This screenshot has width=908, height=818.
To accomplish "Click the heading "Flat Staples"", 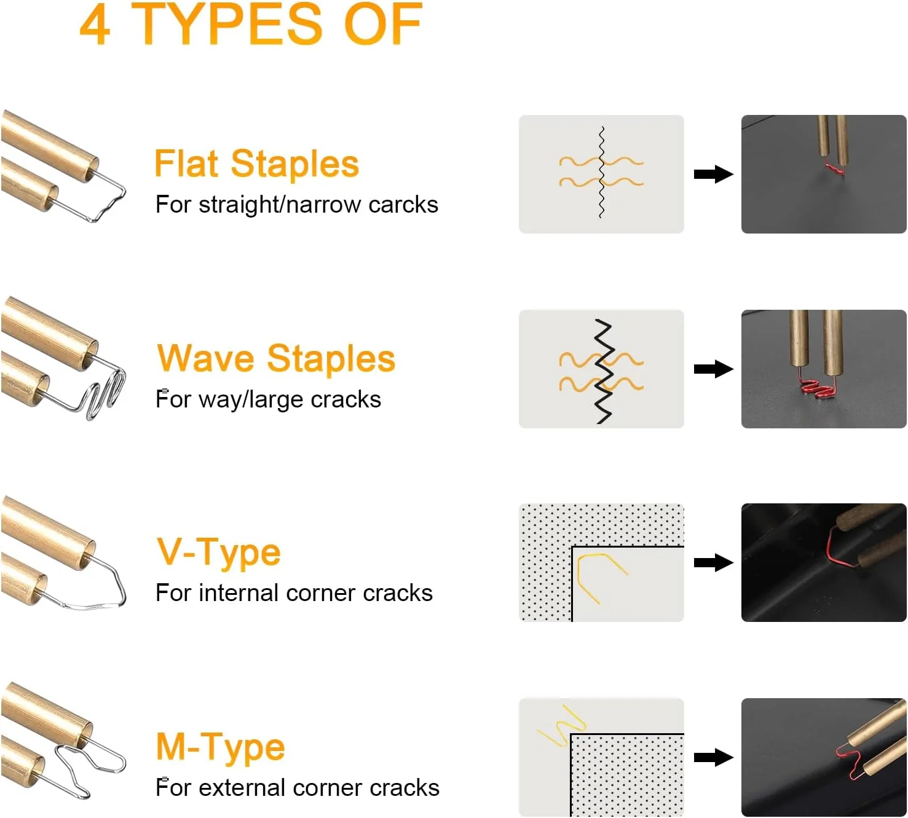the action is click(256, 163).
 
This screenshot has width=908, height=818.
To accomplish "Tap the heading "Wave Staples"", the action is click(276, 358).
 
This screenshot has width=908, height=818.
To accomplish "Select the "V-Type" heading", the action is click(219, 553).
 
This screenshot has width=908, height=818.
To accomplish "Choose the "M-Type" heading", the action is click(221, 747).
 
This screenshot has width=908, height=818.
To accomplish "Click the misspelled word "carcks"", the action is click(403, 205).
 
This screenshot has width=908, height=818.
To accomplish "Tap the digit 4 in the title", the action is click(95, 25).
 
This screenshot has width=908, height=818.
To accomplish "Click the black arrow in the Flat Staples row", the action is click(713, 175).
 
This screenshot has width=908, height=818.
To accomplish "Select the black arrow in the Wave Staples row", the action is click(713, 369).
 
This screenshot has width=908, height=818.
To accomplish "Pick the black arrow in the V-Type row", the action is click(713, 563).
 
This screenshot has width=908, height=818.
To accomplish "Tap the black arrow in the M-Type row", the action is click(713, 757).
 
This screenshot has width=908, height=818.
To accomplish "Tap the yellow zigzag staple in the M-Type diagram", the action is click(562, 725).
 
